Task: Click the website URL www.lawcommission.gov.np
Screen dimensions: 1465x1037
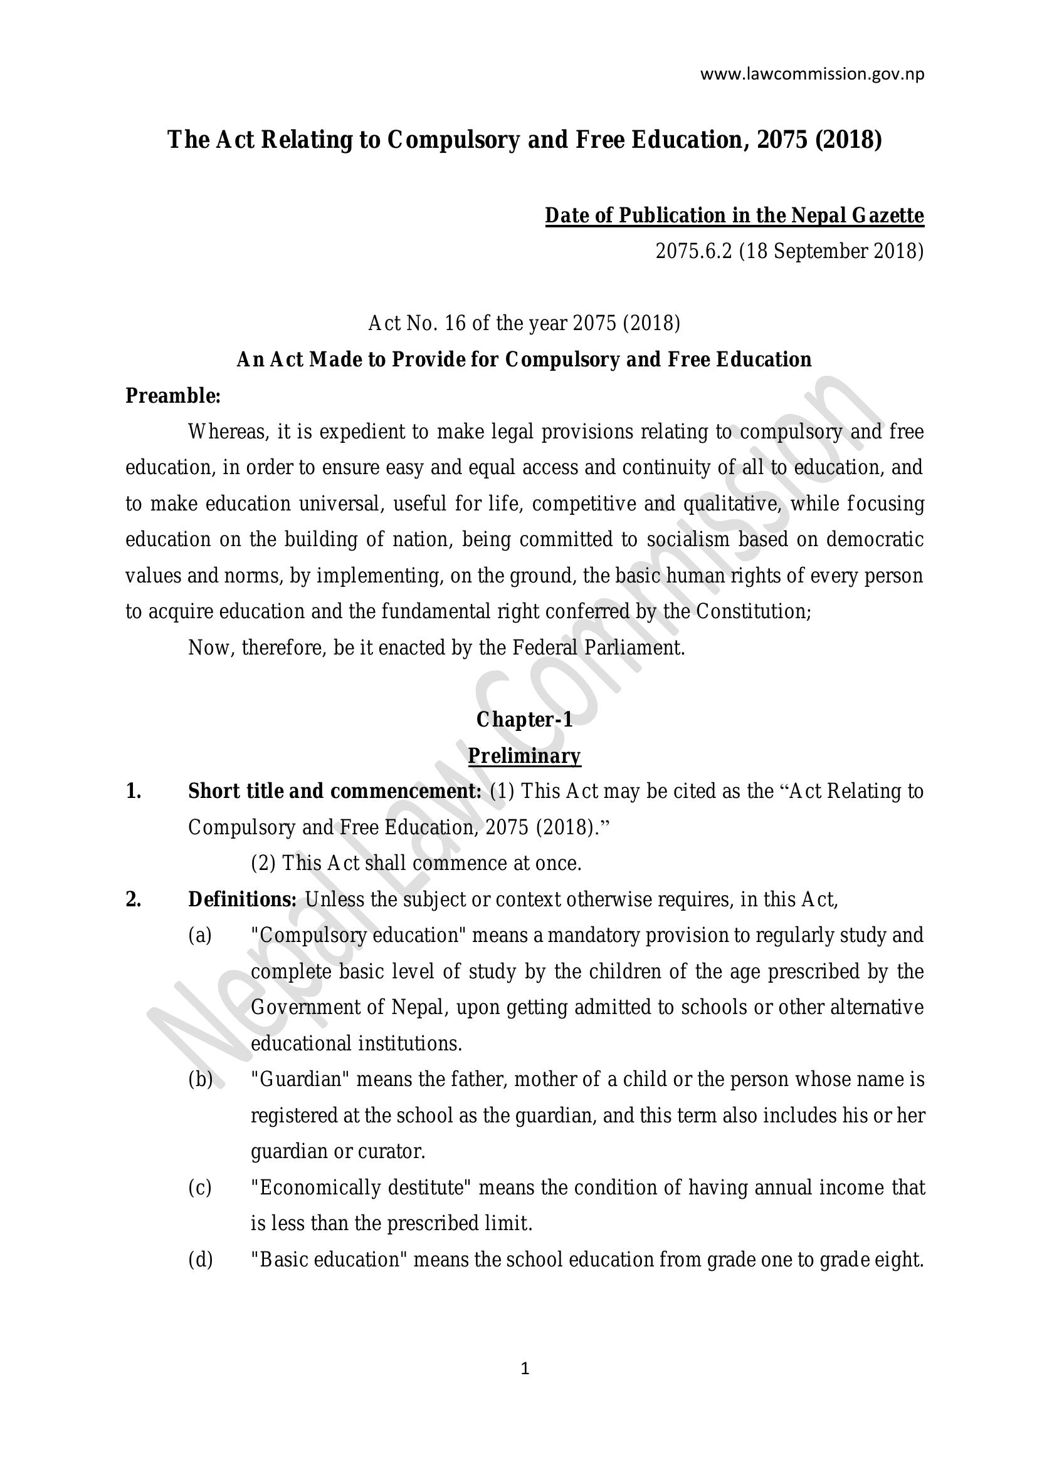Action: coord(811,75)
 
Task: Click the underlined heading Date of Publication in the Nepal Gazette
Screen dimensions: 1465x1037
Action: coord(734,215)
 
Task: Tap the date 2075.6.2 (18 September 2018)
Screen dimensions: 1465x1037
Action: coord(789,251)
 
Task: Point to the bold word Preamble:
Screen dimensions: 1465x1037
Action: coord(172,396)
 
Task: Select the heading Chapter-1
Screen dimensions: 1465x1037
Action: coord(524,720)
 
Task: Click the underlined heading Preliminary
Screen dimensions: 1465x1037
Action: coord(524,756)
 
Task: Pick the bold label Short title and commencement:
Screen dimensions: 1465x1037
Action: coord(335,792)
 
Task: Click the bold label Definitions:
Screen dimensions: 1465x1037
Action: coord(242,899)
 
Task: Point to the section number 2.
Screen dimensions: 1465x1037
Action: coord(133,899)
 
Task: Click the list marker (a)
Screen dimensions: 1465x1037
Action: coord(200,936)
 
